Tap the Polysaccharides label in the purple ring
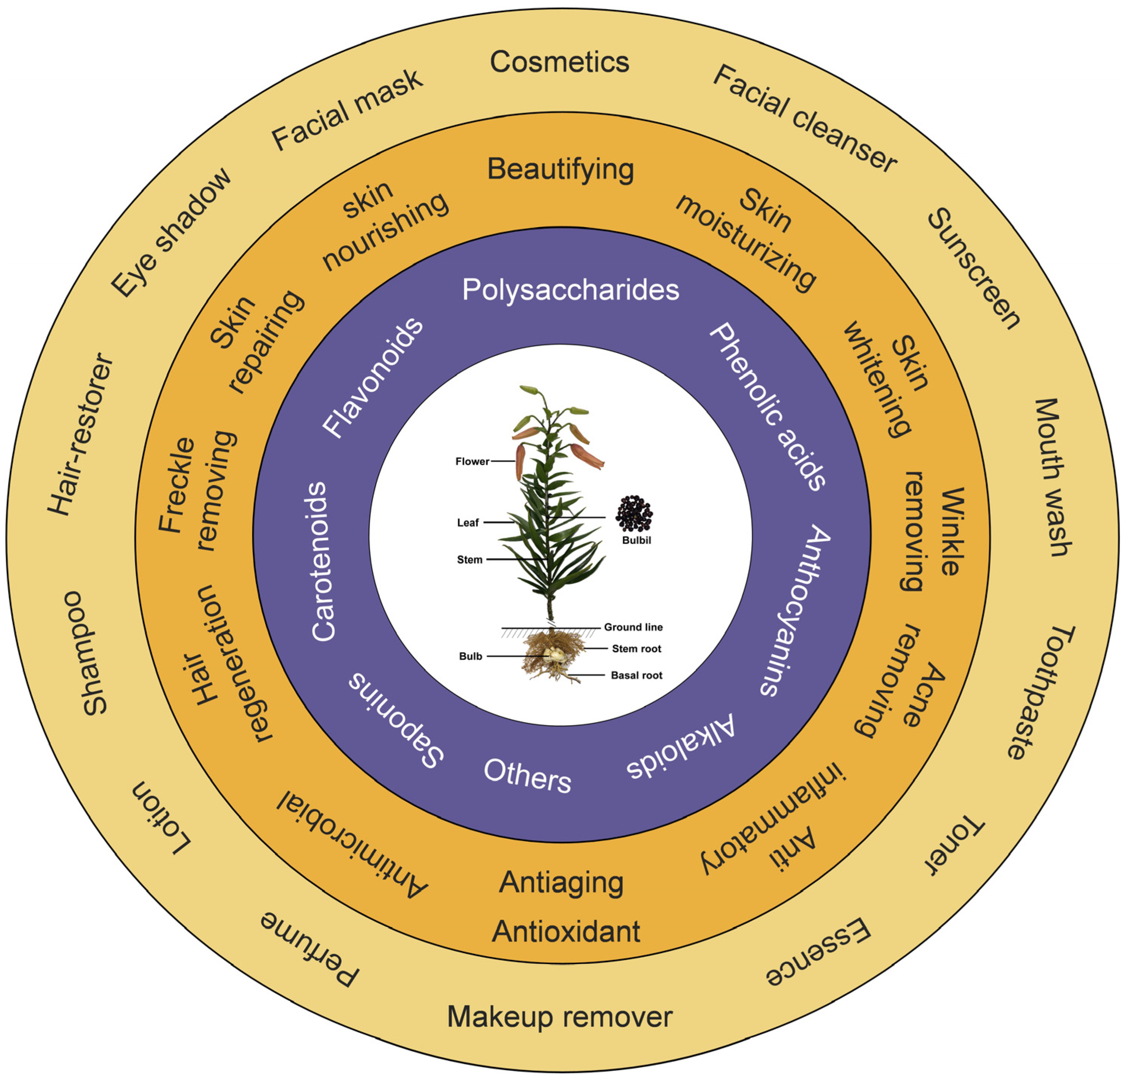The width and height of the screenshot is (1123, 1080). coord(571,289)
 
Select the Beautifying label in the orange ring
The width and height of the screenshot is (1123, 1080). coord(560,169)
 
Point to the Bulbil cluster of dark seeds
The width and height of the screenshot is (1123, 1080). coord(634,513)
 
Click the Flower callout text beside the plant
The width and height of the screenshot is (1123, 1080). coord(472,462)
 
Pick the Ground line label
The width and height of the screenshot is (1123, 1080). coord(633,627)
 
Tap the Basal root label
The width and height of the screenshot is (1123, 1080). coord(636,675)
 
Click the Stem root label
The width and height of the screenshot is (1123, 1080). coord(636,649)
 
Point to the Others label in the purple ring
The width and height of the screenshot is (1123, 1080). coord(527,776)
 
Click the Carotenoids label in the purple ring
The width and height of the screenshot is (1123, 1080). coord(322,562)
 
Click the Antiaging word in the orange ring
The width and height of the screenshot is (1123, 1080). coord(561,883)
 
